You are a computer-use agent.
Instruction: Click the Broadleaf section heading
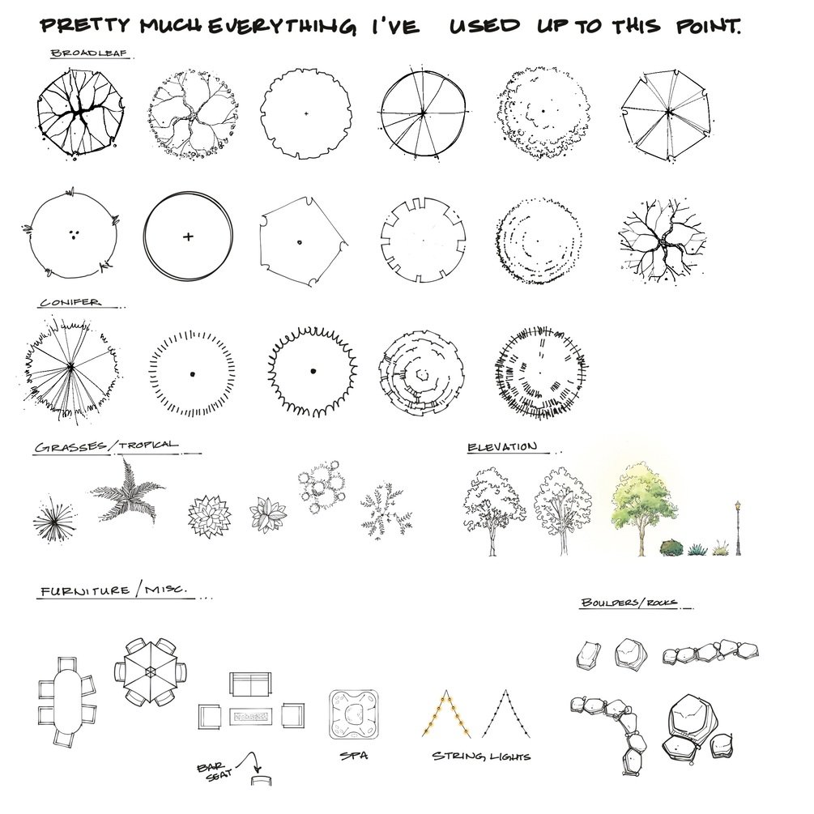pos(89,53)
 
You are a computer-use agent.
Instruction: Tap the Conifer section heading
pos(70,302)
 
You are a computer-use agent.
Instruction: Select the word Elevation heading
pos(502,447)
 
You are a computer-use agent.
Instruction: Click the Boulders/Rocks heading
pos(629,602)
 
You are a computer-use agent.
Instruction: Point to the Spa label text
pos(354,756)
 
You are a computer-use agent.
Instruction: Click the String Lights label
pos(481,756)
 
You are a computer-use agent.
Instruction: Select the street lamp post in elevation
pos(738,528)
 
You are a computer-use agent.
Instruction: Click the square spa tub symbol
pos(354,714)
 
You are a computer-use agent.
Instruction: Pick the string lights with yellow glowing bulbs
pos(446,714)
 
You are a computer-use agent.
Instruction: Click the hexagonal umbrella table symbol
pos(150,671)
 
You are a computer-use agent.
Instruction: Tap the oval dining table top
pos(67,701)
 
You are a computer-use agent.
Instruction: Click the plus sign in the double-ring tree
pos(188,237)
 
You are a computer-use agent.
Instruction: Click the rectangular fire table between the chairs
pos(251,717)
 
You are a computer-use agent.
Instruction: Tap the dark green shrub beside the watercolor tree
pos(671,548)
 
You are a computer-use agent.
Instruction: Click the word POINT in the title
pos(708,25)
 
